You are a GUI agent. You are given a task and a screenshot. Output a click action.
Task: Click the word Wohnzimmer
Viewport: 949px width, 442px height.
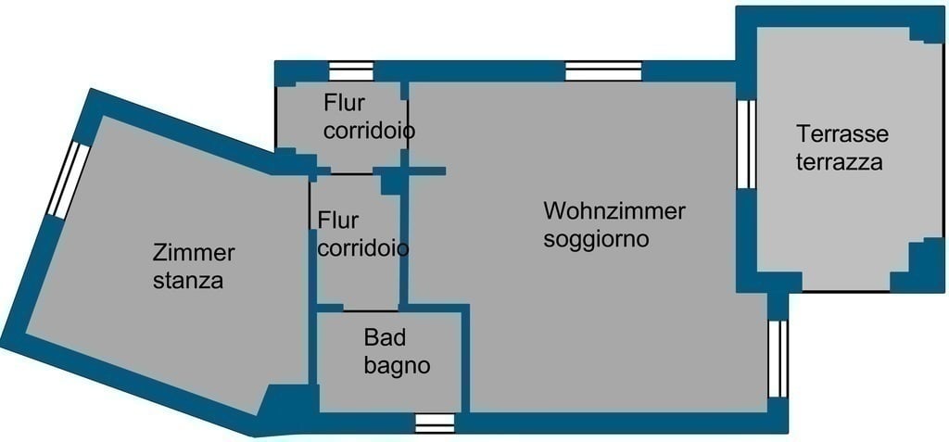tap(614, 211)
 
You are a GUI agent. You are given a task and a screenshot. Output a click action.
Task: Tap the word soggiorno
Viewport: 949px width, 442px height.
tap(596, 239)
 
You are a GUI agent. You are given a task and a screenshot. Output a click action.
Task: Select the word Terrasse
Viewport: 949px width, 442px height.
tap(842, 133)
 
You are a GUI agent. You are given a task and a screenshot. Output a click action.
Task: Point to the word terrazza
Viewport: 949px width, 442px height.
tap(839, 162)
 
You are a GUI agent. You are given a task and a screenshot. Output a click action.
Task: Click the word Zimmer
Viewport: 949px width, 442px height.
tap(194, 252)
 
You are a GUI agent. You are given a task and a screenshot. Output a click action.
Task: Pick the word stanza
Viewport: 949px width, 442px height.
tap(188, 281)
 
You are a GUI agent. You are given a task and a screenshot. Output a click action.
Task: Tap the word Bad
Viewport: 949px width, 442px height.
tap(385, 337)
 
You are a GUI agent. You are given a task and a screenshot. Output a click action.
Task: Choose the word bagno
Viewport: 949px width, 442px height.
tap(397, 366)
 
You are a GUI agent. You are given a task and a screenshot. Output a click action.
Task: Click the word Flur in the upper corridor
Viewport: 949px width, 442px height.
tap(345, 103)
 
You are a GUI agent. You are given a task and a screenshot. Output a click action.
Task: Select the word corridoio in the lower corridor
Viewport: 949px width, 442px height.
tap(362, 248)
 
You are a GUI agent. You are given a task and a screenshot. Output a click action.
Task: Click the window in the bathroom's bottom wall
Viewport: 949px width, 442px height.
tap(435, 423)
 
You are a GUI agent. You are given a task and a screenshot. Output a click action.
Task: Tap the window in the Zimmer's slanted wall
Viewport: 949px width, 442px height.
tap(68, 180)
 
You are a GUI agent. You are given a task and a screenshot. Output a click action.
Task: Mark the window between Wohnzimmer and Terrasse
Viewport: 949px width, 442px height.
tap(746, 145)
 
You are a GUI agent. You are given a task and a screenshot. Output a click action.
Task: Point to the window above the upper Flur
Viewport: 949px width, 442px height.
tap(351, 70)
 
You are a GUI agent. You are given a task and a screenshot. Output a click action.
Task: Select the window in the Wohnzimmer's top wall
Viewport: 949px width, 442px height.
tap(603, 70)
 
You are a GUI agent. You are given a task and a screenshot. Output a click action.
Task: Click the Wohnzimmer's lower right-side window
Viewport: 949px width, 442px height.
tap(778, 359)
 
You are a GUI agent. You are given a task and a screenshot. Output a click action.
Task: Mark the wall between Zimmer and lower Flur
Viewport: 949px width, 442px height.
tap(312, 282)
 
